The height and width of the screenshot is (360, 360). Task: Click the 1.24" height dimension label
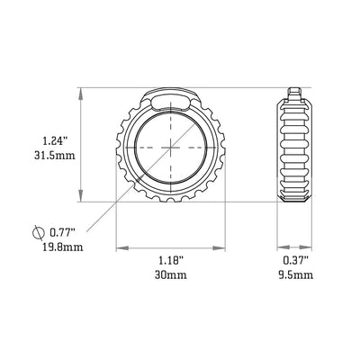pos(54,139)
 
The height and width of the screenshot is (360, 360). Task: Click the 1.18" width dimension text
pos(170,260)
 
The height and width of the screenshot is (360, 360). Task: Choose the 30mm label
pos(170,274)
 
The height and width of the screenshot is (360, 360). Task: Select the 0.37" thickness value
pos(294,260)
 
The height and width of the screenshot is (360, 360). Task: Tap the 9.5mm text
pos(294,274)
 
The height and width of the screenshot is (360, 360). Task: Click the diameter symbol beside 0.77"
pos(36,232)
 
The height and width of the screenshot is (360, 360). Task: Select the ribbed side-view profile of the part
pos(294,148)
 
